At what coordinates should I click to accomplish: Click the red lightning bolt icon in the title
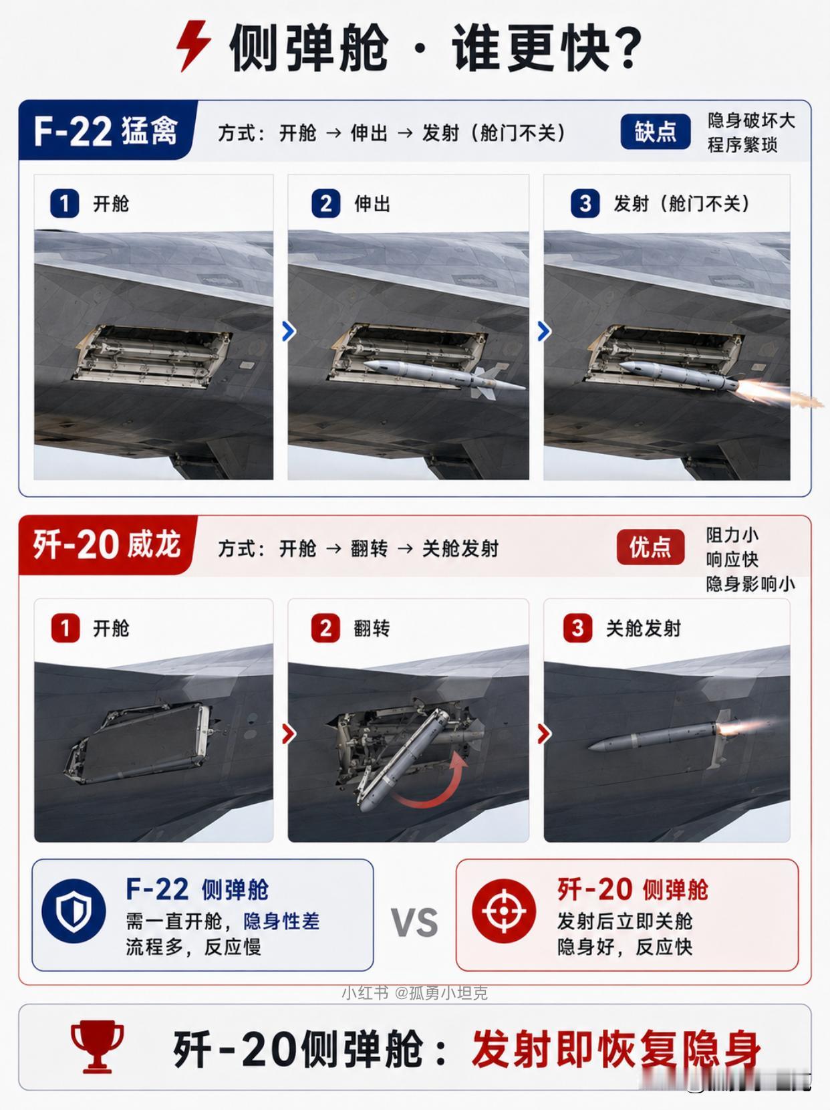[x=194, y=46]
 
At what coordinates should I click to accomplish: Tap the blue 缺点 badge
[x=655, y=132]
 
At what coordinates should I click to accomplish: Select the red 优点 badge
[x=651, y=547]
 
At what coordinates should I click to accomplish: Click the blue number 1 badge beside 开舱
[x=65, y=203]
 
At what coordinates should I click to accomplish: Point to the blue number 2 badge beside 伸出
[x=326, y=203]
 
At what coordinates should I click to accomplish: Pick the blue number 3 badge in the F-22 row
[x=585, y=203]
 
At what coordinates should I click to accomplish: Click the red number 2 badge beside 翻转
[x=325, y=628]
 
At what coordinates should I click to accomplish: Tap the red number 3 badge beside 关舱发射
[x=577, y=628]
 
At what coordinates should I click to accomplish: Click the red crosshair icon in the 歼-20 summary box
[x=504, y=911]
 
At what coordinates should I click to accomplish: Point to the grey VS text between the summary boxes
[x=414, y=922]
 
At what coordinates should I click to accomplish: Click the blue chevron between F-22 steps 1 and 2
[x=288, y=331]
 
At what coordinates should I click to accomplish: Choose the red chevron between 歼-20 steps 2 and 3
[x=543, y=734]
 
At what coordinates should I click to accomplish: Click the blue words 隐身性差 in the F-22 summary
[x=281, y=921]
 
